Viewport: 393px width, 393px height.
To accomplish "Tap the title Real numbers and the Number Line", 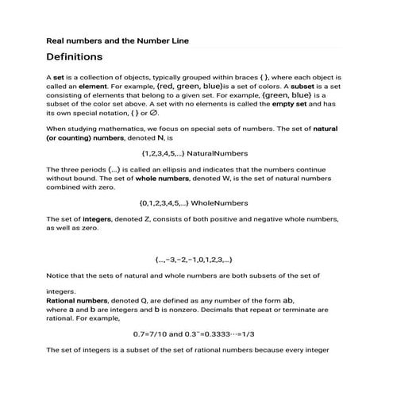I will [117, 40].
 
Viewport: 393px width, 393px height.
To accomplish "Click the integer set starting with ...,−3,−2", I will [193, 260].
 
